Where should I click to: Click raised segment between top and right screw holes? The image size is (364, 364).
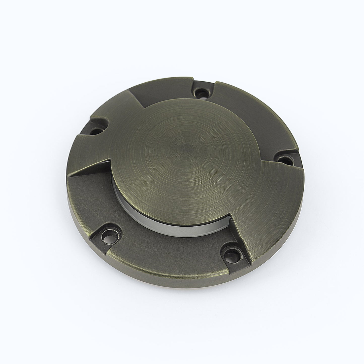pos(254,113)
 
